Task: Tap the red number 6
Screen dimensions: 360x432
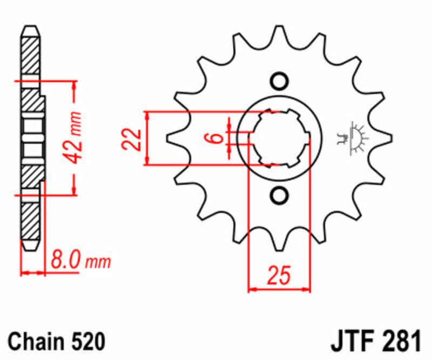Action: [217, 138]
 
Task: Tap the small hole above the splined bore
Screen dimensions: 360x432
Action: [279, 81]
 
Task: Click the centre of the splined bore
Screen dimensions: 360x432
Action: [280, 139]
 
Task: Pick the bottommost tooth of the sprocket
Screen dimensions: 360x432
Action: [279, 241]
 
